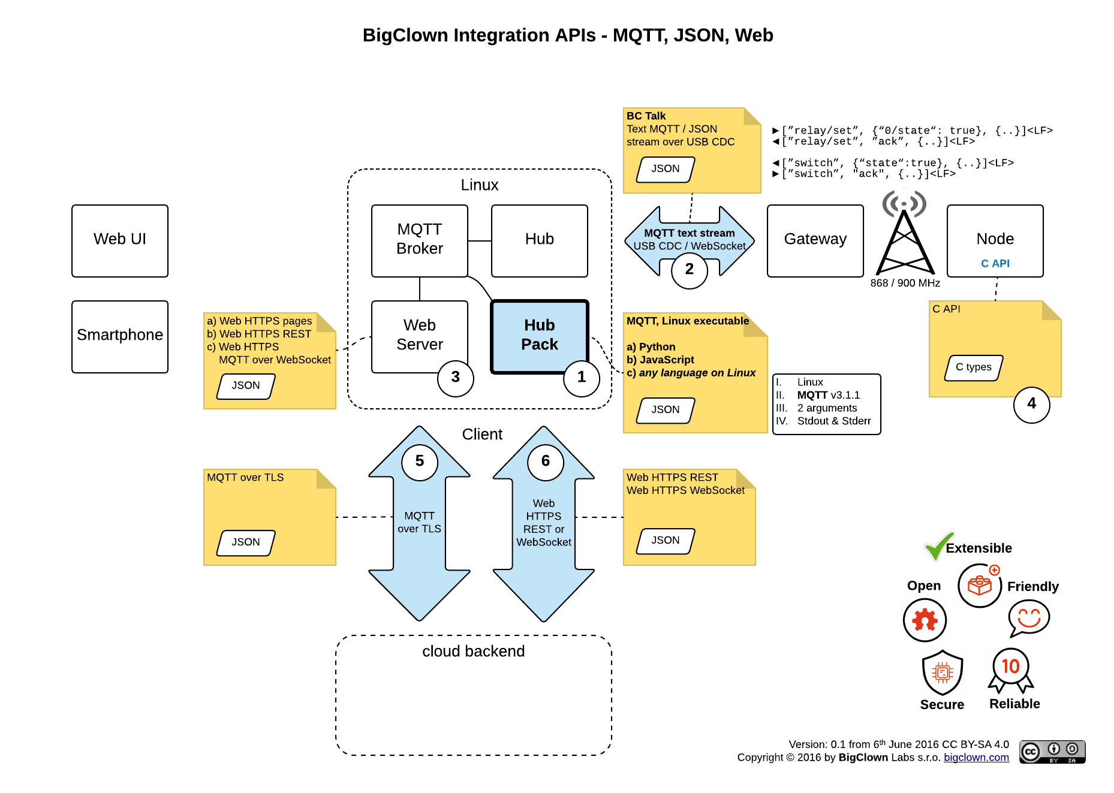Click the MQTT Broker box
point(419,240)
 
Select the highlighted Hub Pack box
point(539,336)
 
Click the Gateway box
point(815,240)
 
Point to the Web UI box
point(120,240)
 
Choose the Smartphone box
point(120,336)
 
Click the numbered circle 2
point(690,270)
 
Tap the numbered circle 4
point(1031,404)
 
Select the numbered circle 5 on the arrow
point(420,462)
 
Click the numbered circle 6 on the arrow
point(546,462)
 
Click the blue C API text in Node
point(995,264)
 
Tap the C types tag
point(973,367)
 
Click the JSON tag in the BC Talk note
point(666,169)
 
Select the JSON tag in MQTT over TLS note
point(246,542)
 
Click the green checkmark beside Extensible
point(938,545)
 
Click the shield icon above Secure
point(942,673)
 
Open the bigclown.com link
point(976,758)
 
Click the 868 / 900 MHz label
point(905,283)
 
